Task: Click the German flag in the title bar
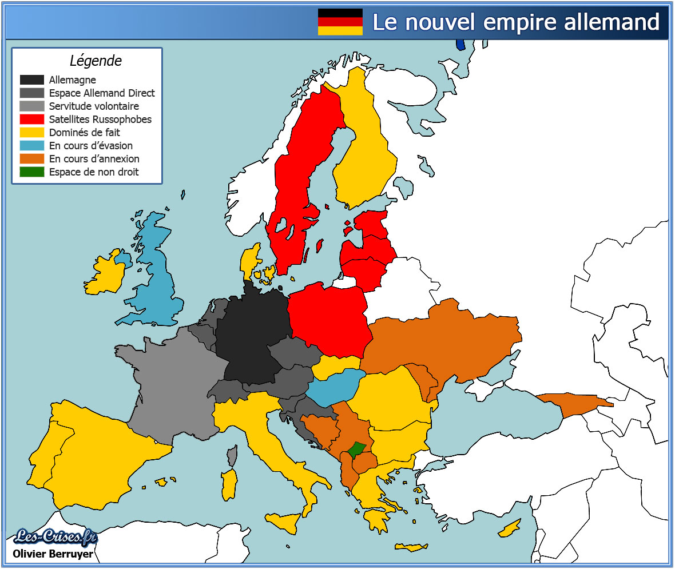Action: [x=340, y=22]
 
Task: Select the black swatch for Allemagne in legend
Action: [x=32, y=80]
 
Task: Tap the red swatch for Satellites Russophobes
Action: [x=32, y=120]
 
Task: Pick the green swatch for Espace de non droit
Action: [x=32, y=172]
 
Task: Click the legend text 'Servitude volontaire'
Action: [x=94, y=106]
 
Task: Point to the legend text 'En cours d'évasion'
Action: [x=91, y=146]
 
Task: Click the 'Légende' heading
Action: [x=96, y=61]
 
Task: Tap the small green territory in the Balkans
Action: [x=358, y=449]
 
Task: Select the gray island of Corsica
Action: [x=232, y=456]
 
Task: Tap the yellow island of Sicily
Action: [x=284, y=522]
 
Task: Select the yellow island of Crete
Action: [x=411, y=547]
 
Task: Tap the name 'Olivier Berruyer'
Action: [x=53, y=554]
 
